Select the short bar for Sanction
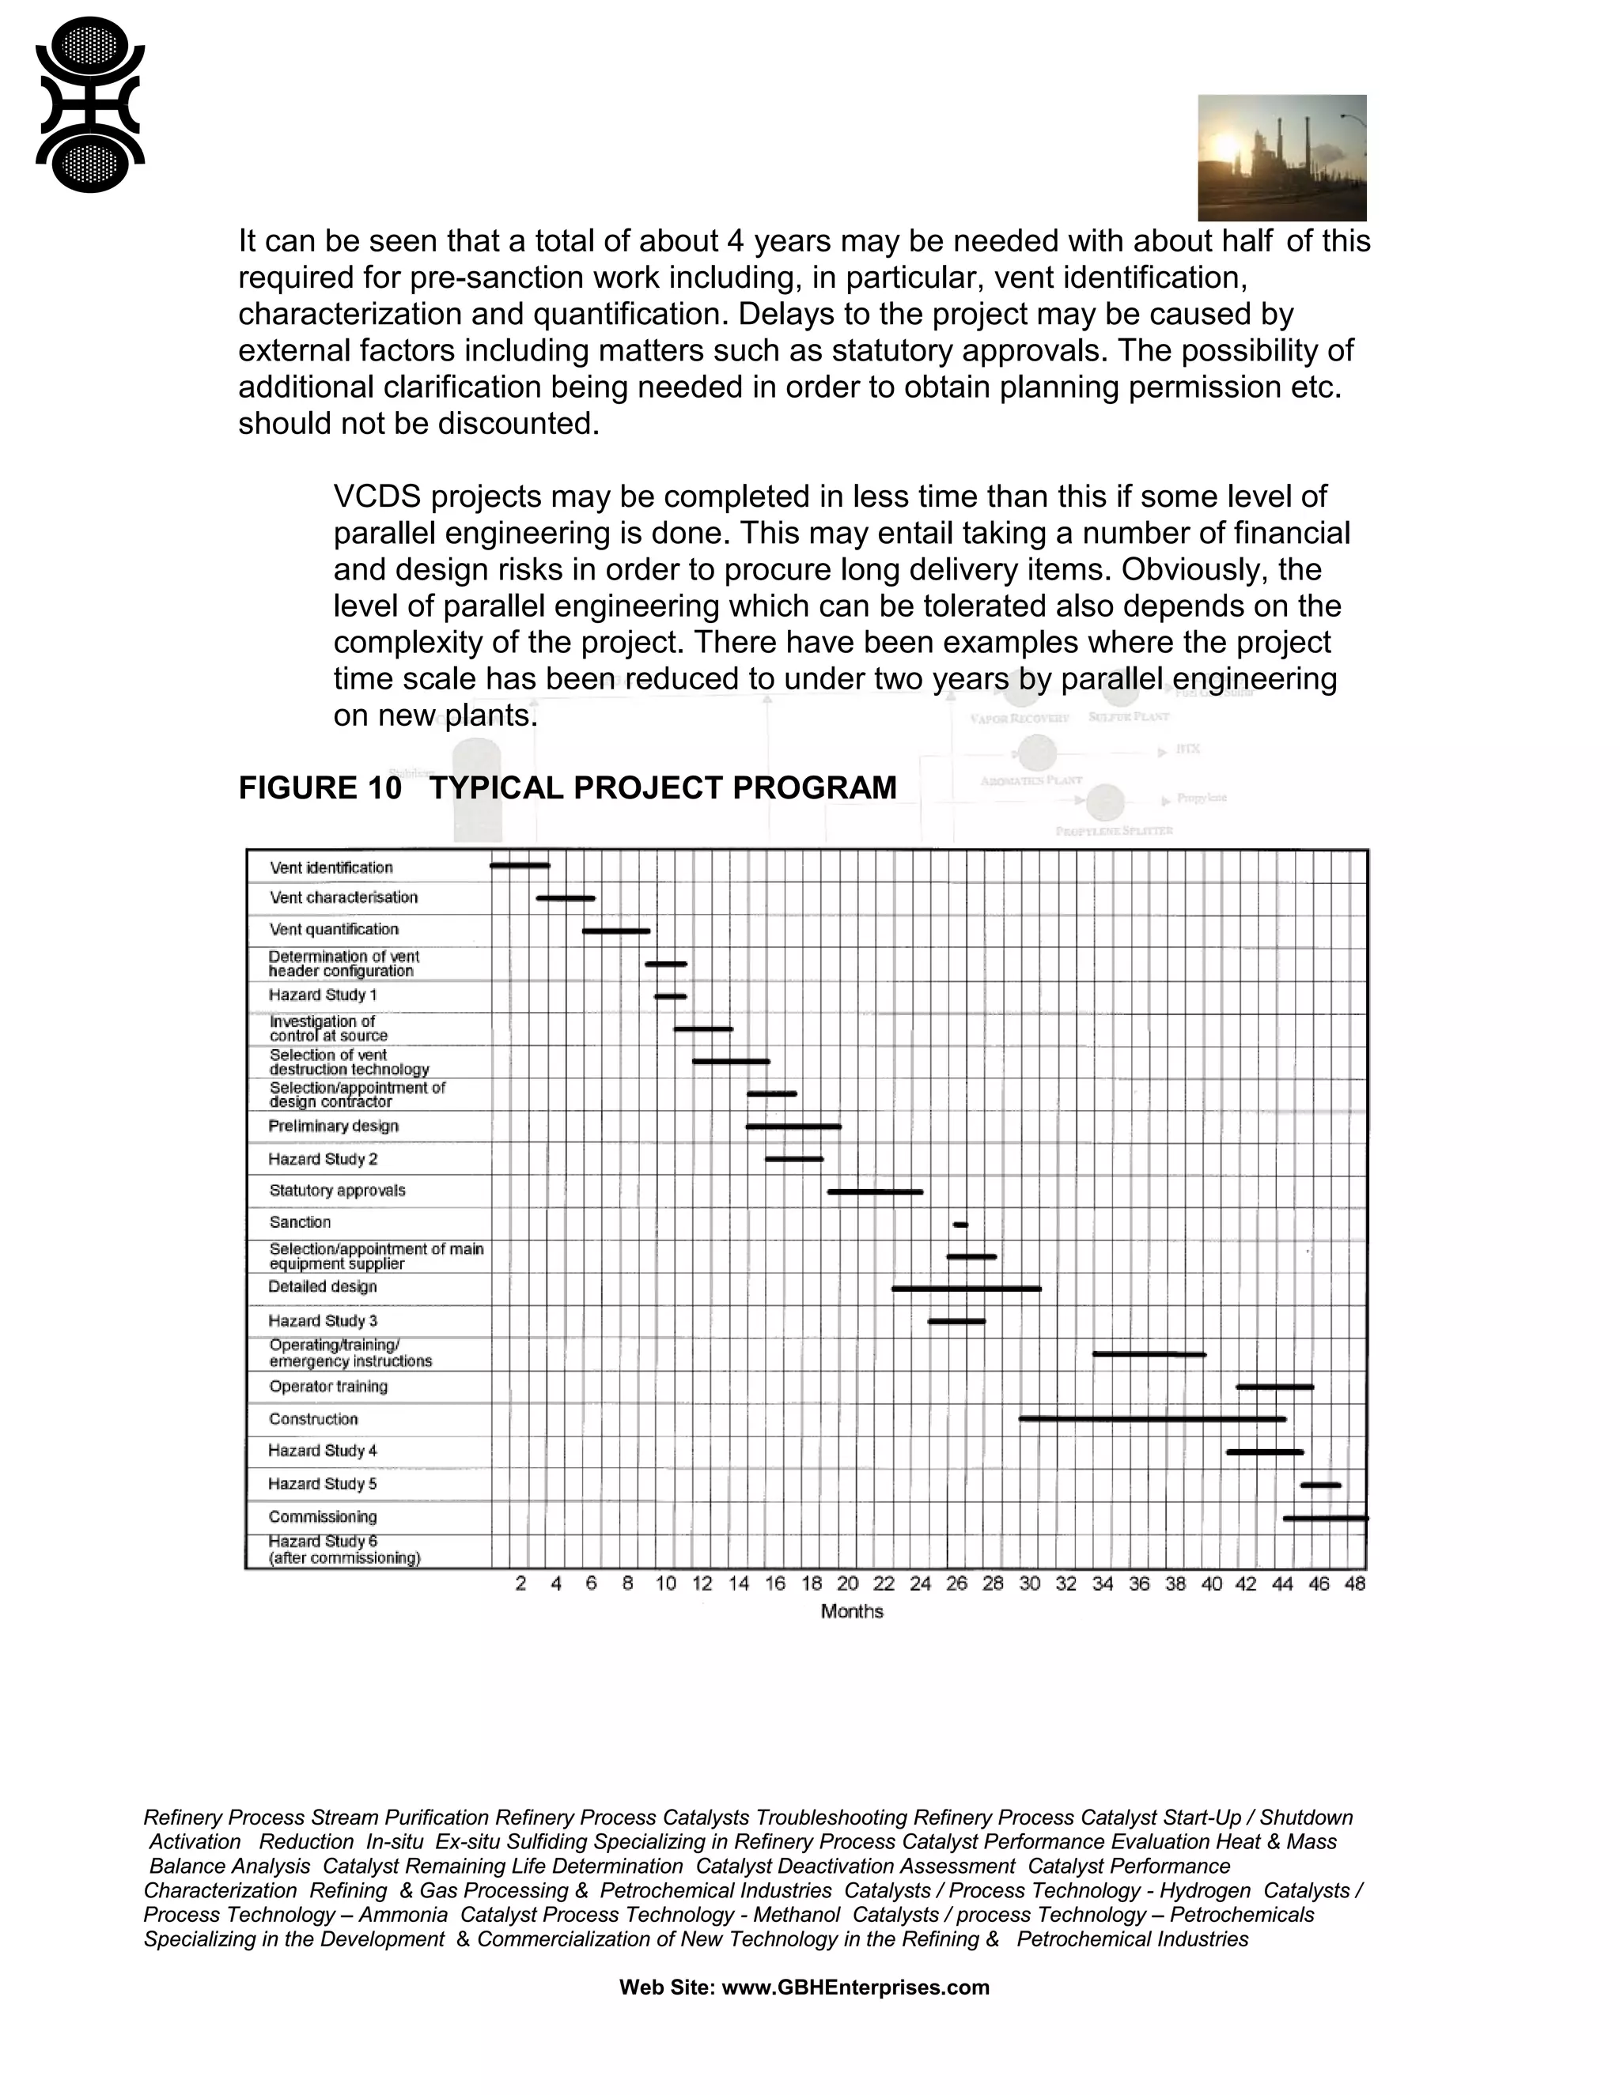(960, 1225)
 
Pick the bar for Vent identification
(520, 865)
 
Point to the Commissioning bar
(1326, 1519)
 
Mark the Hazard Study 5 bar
(1320, 1485)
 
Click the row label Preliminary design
(333, 1126)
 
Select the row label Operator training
(328, 1386)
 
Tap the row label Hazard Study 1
(323, 995)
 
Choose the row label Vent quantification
(334, 929)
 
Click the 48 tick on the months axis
(1354, 1584)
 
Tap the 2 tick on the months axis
(520, 1584)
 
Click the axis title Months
(851, 1611)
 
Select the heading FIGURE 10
(320, 787)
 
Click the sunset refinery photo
(1281, 157)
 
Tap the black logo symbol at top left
(89, 104)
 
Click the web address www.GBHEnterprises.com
(855, 1987)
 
